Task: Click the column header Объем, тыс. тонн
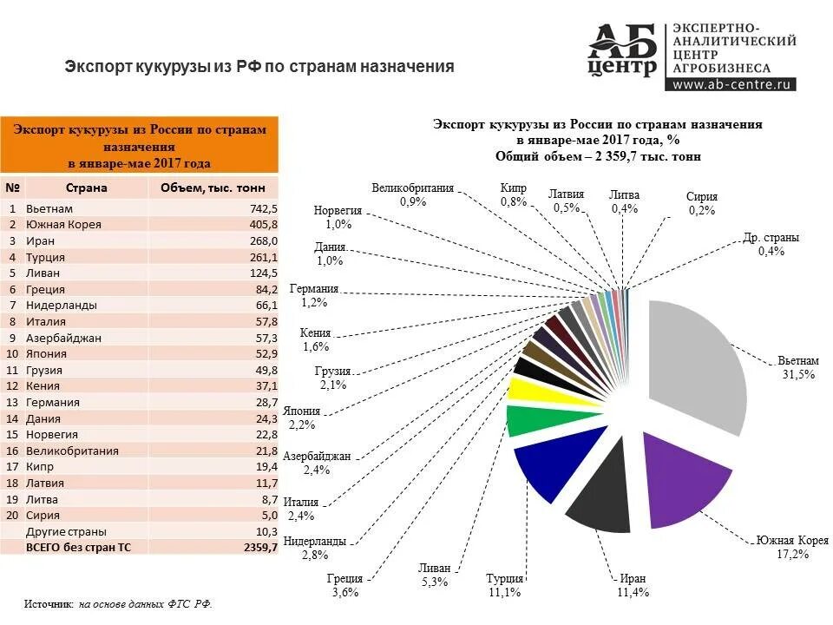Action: pyautogui.click(x=213, y=187)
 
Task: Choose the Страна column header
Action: pyautogui.click(x=86, y=187)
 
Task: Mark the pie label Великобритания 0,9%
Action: pyautogui.click(x=413, y=194)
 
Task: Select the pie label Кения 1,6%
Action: pyautogui.click(x=315, y=339)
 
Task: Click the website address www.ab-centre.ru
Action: pyautogui.click(x=732, y=84)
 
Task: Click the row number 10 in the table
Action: pyautogui.click(x=13, y=354)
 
